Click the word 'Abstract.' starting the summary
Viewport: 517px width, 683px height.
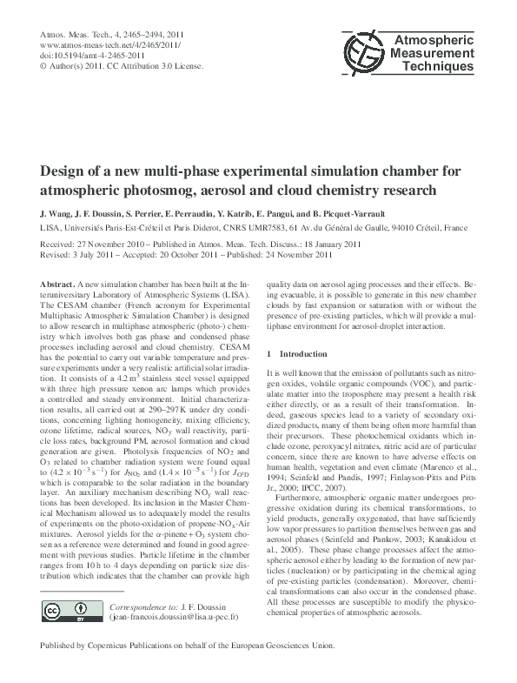tap(58, 285)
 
